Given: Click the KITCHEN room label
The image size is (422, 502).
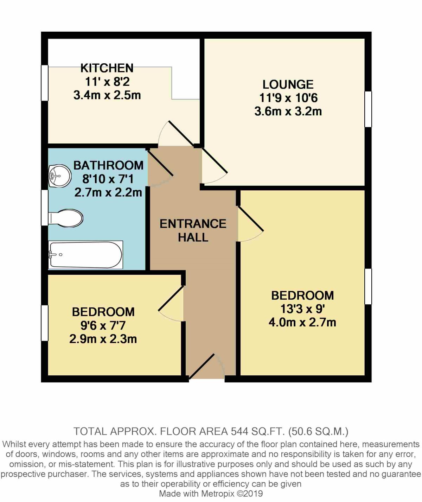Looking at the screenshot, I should click(x=107, y=68).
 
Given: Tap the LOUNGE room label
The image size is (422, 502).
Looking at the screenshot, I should click(x=288, y=84).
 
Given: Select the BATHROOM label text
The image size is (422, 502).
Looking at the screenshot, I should click(x=108, y=165).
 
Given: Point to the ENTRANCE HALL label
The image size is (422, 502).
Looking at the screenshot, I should click(x=193, y=230).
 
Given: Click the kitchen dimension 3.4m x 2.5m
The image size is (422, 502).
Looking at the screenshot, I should click(x=107, y=95).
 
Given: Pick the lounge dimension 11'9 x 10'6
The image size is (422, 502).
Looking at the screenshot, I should click(x=288, y=98).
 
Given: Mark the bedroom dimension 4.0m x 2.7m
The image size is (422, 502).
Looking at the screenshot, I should click(x=302, y=322).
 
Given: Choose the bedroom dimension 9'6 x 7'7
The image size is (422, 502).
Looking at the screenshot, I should click(x=103, y=325).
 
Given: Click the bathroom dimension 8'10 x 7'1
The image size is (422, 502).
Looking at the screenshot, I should click(x=108, y=179).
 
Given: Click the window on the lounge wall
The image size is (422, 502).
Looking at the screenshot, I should click(x=368, y=109).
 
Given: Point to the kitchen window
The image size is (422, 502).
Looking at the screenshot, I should click(x=45, y=83).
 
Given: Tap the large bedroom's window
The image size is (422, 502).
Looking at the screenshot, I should click(x=368, y=286).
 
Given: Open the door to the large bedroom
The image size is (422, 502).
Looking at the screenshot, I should click(x=250, y=224).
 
